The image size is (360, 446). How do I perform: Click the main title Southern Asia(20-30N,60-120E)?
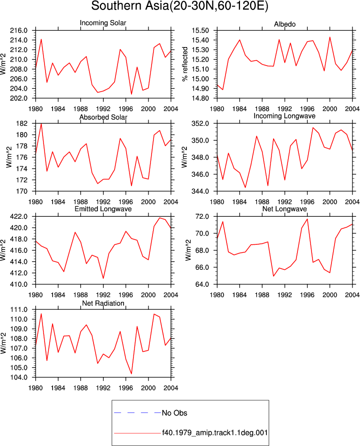click(x=179, y=6)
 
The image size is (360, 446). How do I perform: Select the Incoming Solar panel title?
click(x=103, y=23)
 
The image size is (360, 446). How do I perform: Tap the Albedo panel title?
click(x=284, y=24)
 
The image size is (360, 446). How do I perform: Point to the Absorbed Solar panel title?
click(x=103, y=117)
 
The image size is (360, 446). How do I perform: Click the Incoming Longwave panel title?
click(x=284, y=116)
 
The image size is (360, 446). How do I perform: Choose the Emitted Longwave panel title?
click(x=103, y=209)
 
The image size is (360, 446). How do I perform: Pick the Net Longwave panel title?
click(x=284, y=209)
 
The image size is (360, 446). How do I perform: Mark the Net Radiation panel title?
click(x=103, y=303)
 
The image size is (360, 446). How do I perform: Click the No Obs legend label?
click(x=174, y=413)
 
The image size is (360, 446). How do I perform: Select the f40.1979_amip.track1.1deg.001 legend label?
click(x=215, y=433)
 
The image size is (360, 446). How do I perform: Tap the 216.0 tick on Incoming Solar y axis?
click(x=19, y=31)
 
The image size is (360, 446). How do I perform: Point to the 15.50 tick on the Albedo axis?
click(x=200, y=31)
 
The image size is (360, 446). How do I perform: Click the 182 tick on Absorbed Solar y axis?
click(x=22, y=124)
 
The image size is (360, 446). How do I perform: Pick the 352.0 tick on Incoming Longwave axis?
click(x=200, y=124)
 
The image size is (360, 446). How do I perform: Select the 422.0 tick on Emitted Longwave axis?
click(x=19, y=216)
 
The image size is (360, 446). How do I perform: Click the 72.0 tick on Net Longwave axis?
click(x=202, y=216)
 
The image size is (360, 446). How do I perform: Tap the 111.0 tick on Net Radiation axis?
click(x=19, y=309)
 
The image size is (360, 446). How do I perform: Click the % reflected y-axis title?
click(x=185, y=64)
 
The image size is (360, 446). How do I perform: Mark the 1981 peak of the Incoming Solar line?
click(x=41, y=39)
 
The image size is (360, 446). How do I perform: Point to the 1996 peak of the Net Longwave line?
click(x=307, y=219)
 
